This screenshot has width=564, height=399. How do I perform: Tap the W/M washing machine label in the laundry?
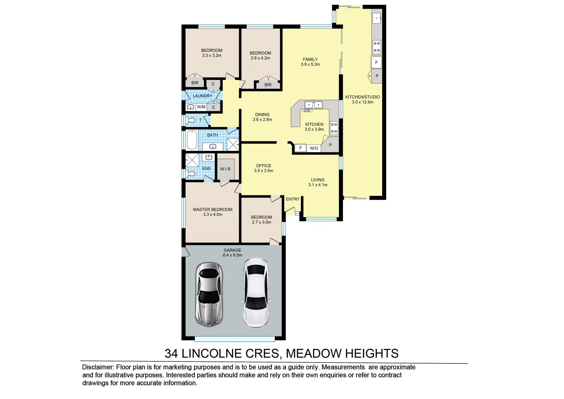pyautogui.click(x=201, y=107)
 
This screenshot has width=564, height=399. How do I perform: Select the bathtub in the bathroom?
pyautogui.click(x=192, y=140)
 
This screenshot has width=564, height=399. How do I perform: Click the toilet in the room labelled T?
pyautogui.click(x=190, y=120)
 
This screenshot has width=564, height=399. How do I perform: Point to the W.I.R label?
pyautogui.click(x=225, y=169)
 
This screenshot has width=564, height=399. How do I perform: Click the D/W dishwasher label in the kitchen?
pyautogui.click(x=307, y=111)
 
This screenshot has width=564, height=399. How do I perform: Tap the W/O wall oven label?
pyautogui.click(x=314, y=148)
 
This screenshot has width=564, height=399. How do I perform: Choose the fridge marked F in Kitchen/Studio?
pyautogui.click(x=376, y=63)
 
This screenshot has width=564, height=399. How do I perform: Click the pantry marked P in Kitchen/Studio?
pyautogui.click(x=377, y=76)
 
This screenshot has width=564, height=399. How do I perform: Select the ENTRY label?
pyautogui.click(x=293, y=199)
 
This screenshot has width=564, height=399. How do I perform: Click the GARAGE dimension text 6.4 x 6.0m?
pyautogui.click(x=232, y=255)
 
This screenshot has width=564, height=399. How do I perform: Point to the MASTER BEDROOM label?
pyautogui.click(x=213, y=210)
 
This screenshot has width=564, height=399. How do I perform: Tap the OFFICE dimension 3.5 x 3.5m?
pyautogui.click(x=263, y=171)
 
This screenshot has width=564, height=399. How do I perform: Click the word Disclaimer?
pyautogui.click(x=98, y=367)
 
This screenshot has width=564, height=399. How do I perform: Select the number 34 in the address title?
pyautogui.click(x=171, y=353)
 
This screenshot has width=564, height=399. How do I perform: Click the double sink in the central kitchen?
pyautogui.click(x=313, y=105)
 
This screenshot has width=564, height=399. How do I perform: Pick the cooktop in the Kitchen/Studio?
pyautogui.click(x=377, y=47)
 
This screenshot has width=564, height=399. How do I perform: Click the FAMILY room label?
pyautogui.click(x=310, y=59)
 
